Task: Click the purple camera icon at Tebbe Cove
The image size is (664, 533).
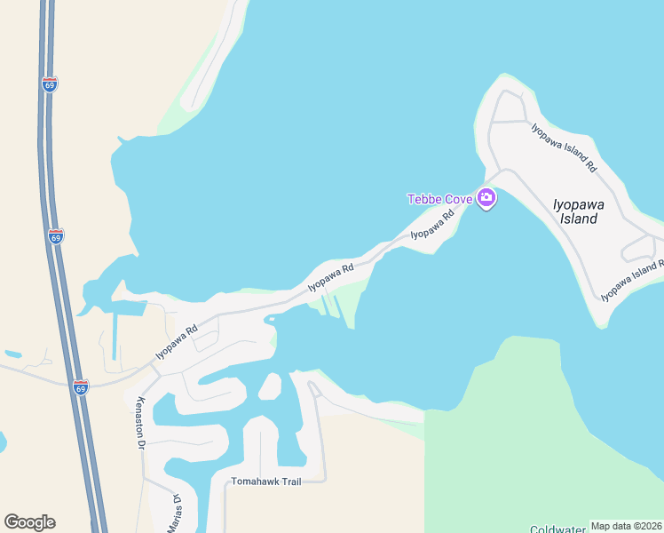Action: pyautogui.click(x=486, y=197)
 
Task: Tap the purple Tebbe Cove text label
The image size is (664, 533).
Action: pyautogui.click(x=439, y=199)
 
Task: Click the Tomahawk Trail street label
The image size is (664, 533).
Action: pyautogui.click(x=266, y=481)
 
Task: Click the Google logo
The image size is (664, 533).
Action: pyautogui.click(x=29, y=521)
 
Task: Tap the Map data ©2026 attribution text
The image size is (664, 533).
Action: pyautogui.click(x=627, y=526)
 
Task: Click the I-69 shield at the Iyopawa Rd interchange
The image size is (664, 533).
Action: pyautogui.click(x=81, y=387)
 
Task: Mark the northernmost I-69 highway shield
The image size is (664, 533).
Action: pyautogui.click(x=50, y=84)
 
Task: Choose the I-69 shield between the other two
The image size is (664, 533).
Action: pyautogui.click(x=56, y=237)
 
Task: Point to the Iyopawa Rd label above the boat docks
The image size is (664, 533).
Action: pyautogui.click(x=331, y=276)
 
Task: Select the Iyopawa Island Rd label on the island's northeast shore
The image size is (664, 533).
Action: pyautogui.click(x=564, y=147)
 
